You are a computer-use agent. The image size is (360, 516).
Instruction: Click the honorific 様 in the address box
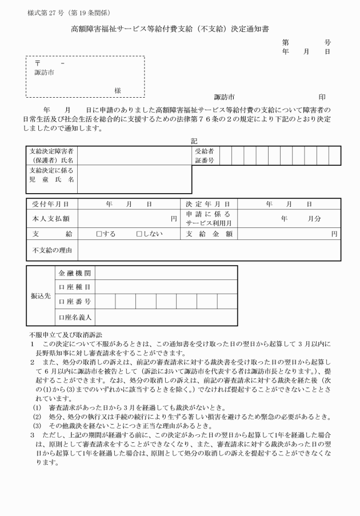[117, 90]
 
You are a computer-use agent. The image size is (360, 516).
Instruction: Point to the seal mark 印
[322, 98]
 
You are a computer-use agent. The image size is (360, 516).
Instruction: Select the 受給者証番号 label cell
[204, 156]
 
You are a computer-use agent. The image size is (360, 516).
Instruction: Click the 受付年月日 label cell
[51, 204]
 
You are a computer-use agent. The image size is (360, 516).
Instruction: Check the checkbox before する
[99, 233]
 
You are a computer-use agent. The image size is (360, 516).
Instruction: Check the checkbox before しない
[139, 233]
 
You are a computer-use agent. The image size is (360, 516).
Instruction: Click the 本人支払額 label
[51, 218]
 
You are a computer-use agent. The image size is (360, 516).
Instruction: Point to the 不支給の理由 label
[51, 249]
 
